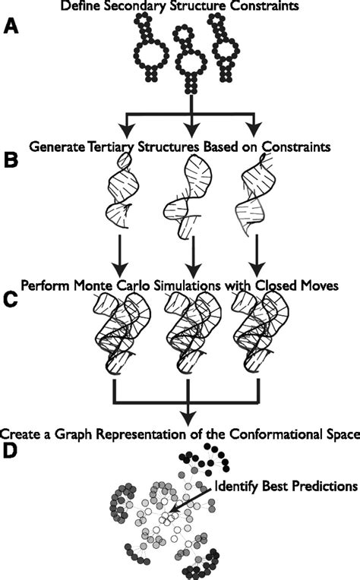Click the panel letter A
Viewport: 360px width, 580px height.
pyautogui.click(x=12, y=28)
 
